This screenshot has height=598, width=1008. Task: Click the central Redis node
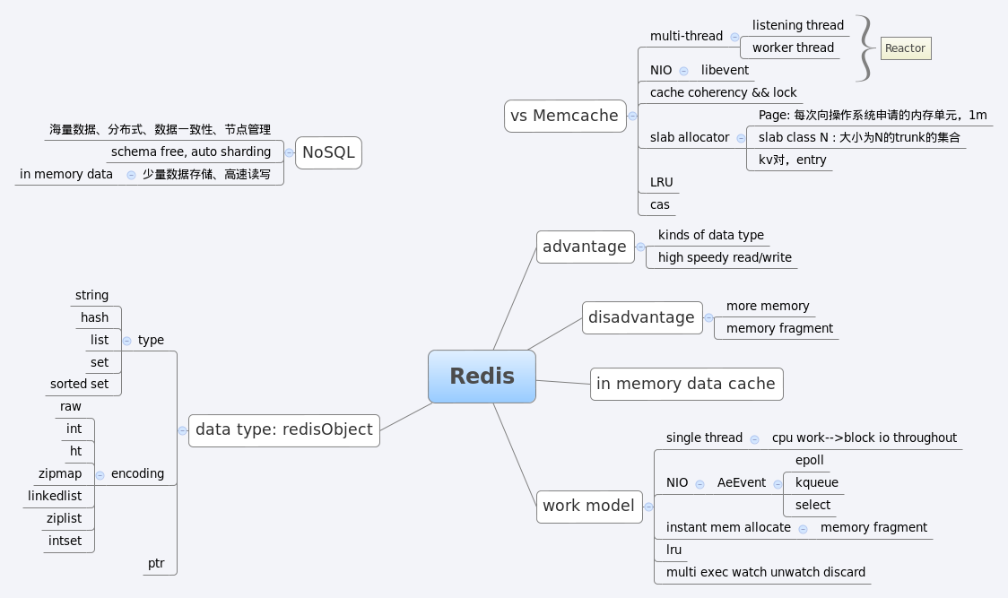point(482,377)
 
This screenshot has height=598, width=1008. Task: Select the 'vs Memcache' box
point(564,116)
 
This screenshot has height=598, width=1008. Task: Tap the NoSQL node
point(328,152)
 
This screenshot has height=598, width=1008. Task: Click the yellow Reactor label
point(905,48)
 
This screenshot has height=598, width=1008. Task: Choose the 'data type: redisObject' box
point(283,429)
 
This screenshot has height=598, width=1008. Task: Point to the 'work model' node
point(588,506)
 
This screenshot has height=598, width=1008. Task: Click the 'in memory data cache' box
point(685,384)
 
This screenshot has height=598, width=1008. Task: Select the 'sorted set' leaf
point(79,384)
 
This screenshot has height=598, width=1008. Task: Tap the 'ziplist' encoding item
point(64,518)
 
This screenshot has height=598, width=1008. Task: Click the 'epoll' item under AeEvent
point(809,460)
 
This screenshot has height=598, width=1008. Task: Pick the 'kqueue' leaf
point(816,482)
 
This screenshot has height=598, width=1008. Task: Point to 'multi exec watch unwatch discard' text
point(765,572)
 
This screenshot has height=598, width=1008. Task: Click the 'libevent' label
point(725,70)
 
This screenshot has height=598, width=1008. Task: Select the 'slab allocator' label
point(689,137)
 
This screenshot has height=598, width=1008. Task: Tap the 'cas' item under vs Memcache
point(659,204)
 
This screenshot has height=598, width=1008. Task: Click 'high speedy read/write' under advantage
point(725,257)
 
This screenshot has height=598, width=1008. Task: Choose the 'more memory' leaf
point(767,306)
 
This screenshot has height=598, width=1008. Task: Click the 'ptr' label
point(156,563)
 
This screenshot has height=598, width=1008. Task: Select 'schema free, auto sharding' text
point(190,152)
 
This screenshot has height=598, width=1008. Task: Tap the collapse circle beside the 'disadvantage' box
point(708,317)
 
